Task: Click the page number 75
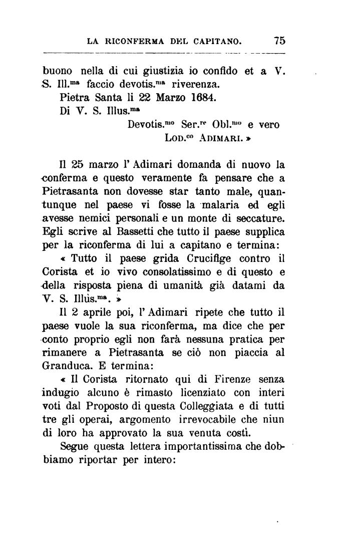point(279,40)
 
